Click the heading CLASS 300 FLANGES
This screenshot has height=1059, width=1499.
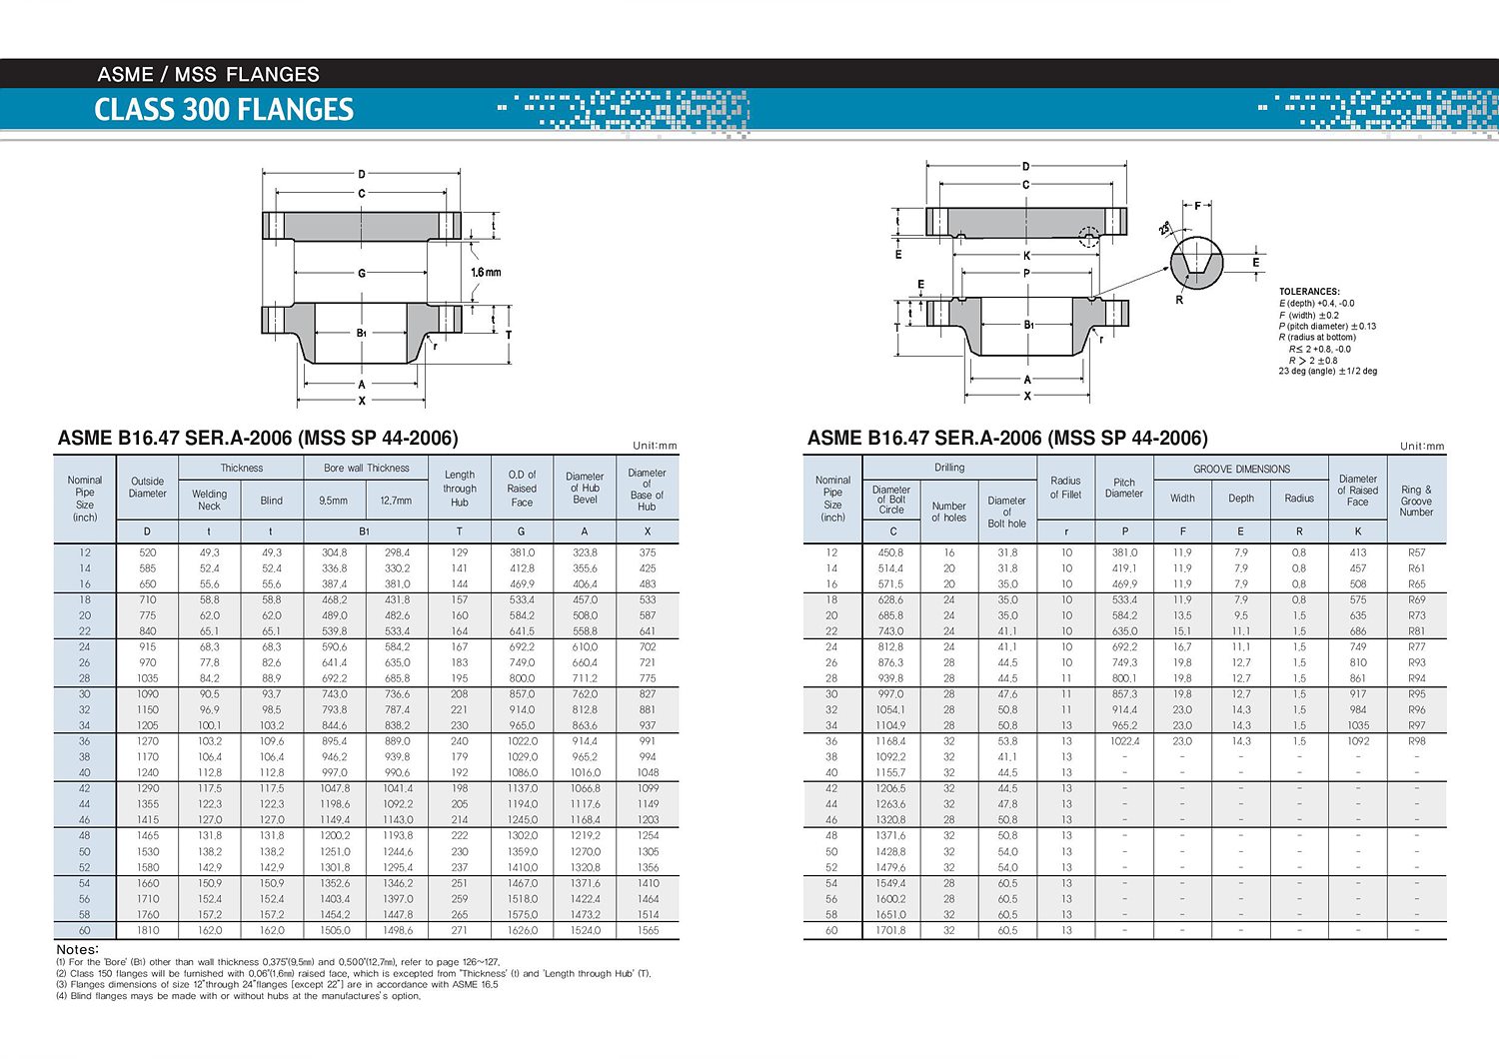click(x=224, y=109)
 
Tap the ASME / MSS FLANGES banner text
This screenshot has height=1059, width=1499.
click(x=208, y=74)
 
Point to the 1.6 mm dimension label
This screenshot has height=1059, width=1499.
click(x=486, y=272)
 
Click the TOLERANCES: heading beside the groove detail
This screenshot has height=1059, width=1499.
click(x=1308, y=292)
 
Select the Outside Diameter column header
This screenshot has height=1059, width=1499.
click(x=147, y=488)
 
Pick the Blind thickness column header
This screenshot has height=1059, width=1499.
click(x=271, y=501)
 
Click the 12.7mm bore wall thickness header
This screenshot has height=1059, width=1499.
click(x=396, y=501)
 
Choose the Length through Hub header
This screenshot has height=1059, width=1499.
click(x=460, y=489)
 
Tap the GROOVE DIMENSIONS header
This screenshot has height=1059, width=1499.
click(x=1241, y=469)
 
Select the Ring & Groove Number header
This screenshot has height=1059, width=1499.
click(x=1416, y=501)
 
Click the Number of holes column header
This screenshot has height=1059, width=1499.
click(x=948, y=512)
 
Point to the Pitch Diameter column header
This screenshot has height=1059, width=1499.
click(x=1124, y=488)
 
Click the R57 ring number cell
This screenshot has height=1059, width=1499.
click(x=1416, y=552)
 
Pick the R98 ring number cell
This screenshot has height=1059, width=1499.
click(x=1416, y=741)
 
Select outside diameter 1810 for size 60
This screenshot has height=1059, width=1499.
click(x=148, y=930)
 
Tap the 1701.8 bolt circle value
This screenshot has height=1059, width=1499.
click(x=890, y=930)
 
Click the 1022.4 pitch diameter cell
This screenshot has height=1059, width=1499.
click(x=1124, y=741)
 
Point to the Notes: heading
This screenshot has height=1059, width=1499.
click(x=77, y=949)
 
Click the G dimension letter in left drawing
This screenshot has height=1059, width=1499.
click(x=362, y=273)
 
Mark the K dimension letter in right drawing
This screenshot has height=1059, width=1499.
click(x=1026, y=256)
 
